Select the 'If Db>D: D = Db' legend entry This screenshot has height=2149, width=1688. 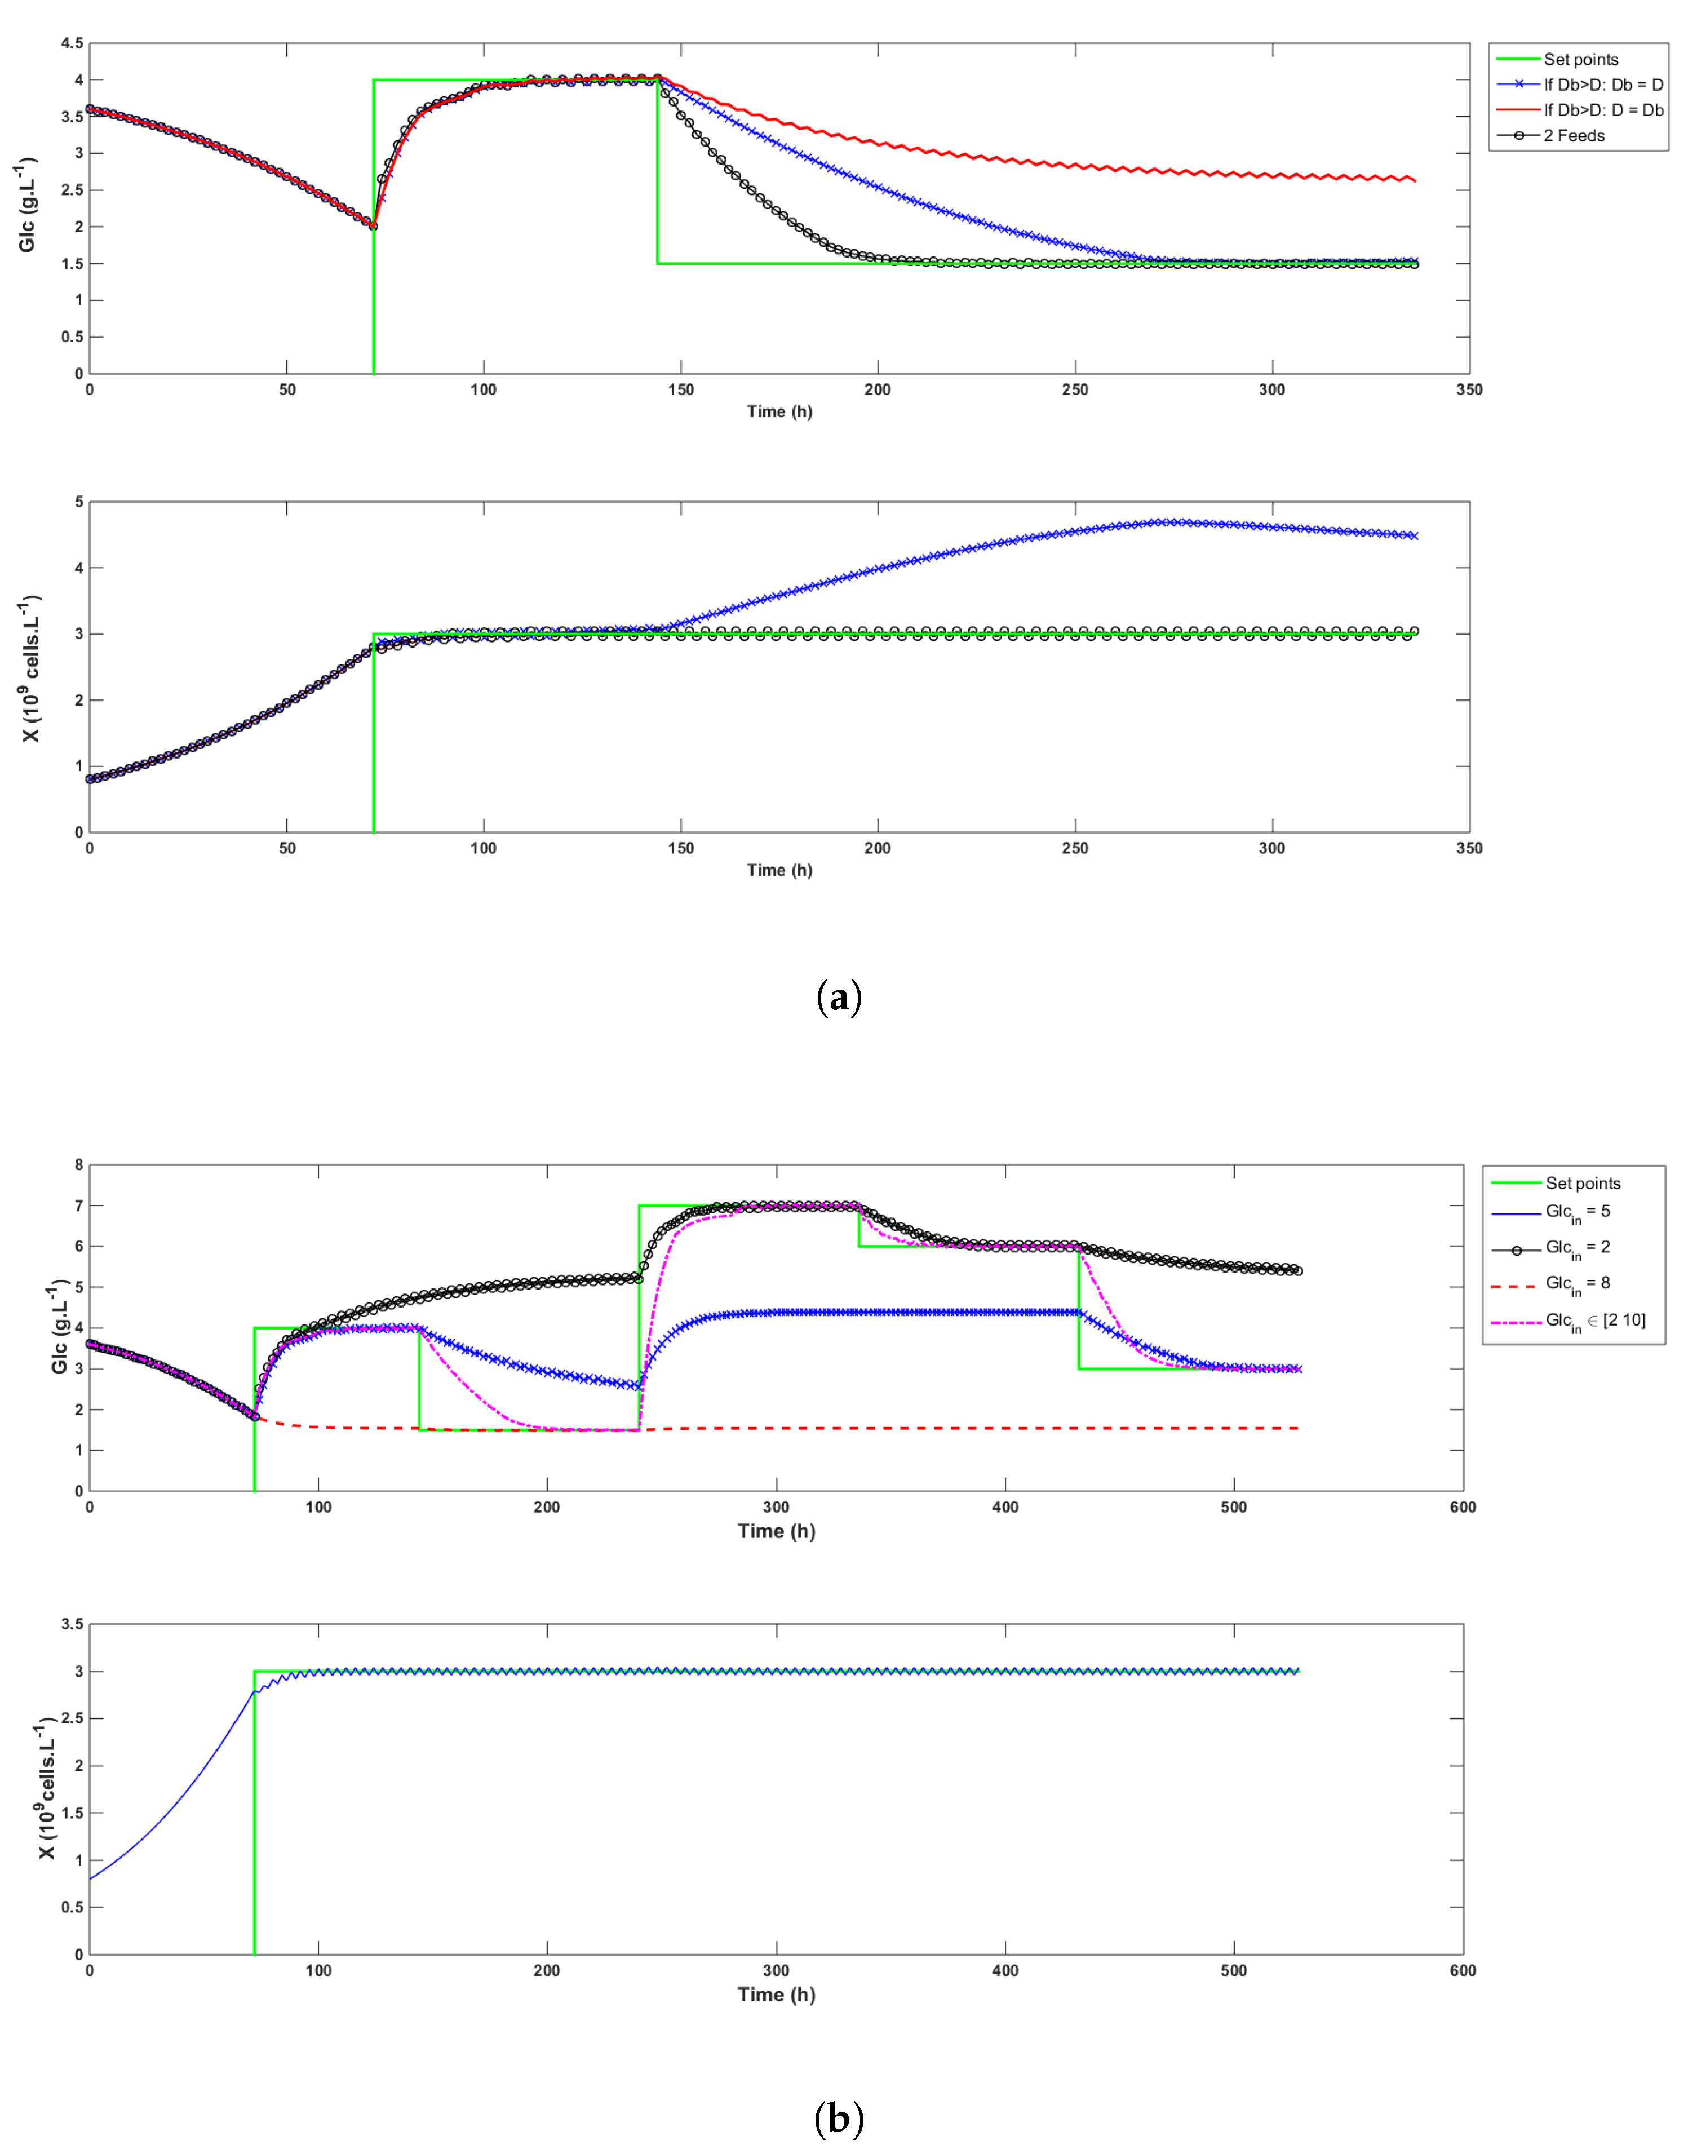[1603, 110]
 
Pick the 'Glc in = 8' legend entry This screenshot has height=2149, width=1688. [1578, 1284]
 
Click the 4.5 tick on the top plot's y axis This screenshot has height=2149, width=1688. [71, 43]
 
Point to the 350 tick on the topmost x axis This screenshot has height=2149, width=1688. [1469, 389]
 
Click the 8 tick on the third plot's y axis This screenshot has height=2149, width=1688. [79, 1165]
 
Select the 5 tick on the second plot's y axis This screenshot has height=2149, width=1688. [79, 502]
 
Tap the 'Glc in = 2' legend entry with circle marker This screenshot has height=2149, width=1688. [1578, 1248]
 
